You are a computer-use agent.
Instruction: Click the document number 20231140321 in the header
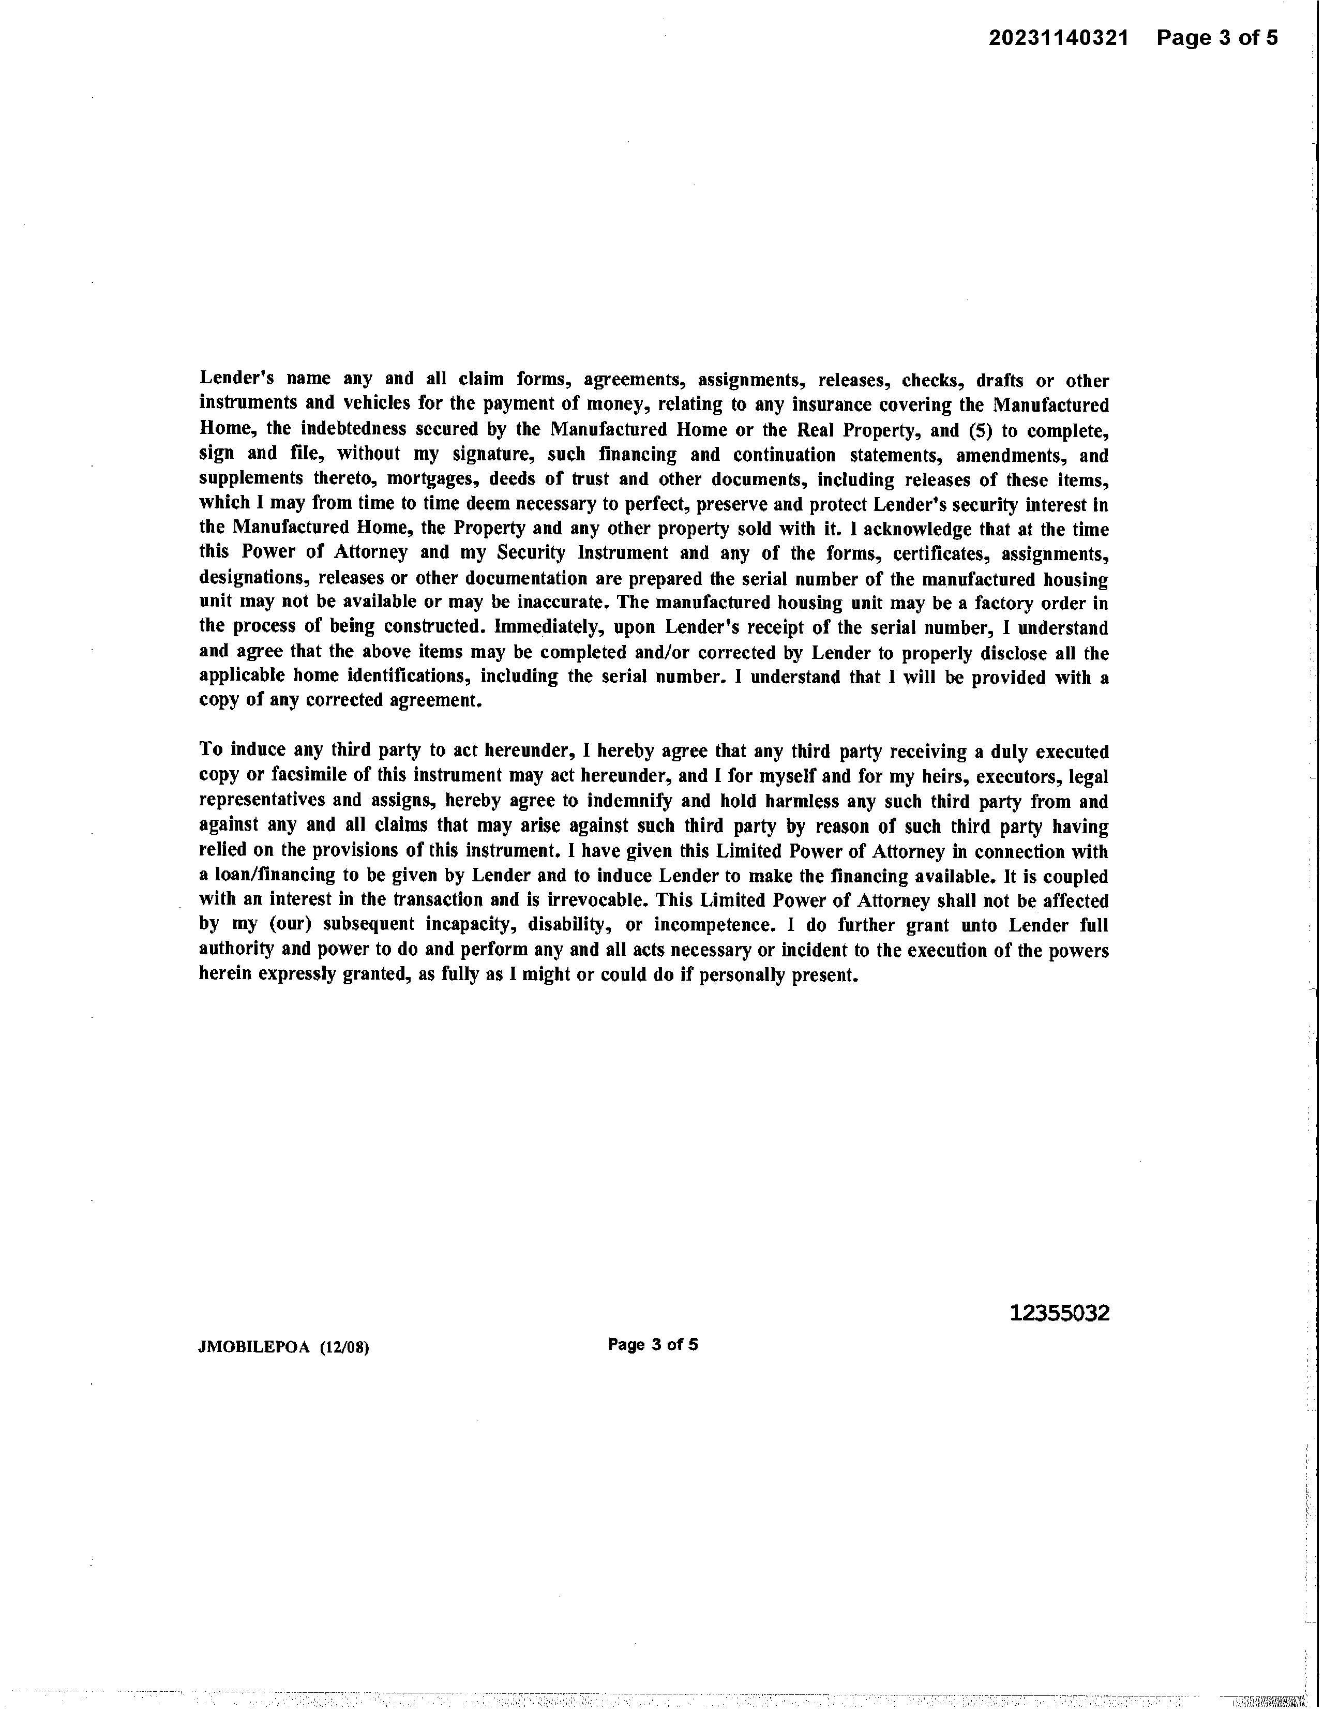pyautogui.click(x=1058, y=38)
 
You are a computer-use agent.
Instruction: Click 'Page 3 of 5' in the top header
pyautogui.click(x=1216, y=38)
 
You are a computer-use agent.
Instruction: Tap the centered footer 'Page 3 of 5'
pyautogui.click(x=653, y=1344)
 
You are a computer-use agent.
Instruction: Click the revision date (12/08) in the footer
pyautogui.click(x=344, y=1347)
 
